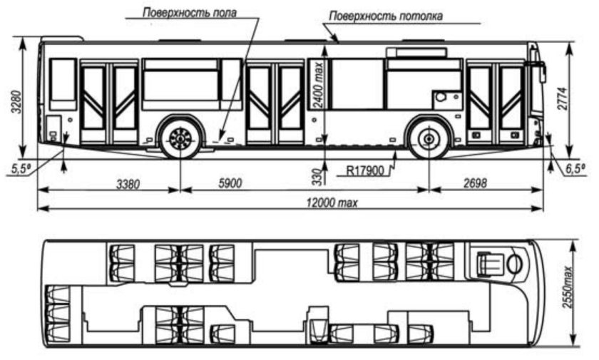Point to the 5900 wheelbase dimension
click(230, 183)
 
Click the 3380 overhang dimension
click(129, 183)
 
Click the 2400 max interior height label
click(319, 84)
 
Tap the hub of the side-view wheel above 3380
click(180, 138)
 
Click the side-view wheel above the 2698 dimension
click(429, 138)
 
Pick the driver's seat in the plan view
click(489, 262)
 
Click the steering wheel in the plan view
click(514, 262)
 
